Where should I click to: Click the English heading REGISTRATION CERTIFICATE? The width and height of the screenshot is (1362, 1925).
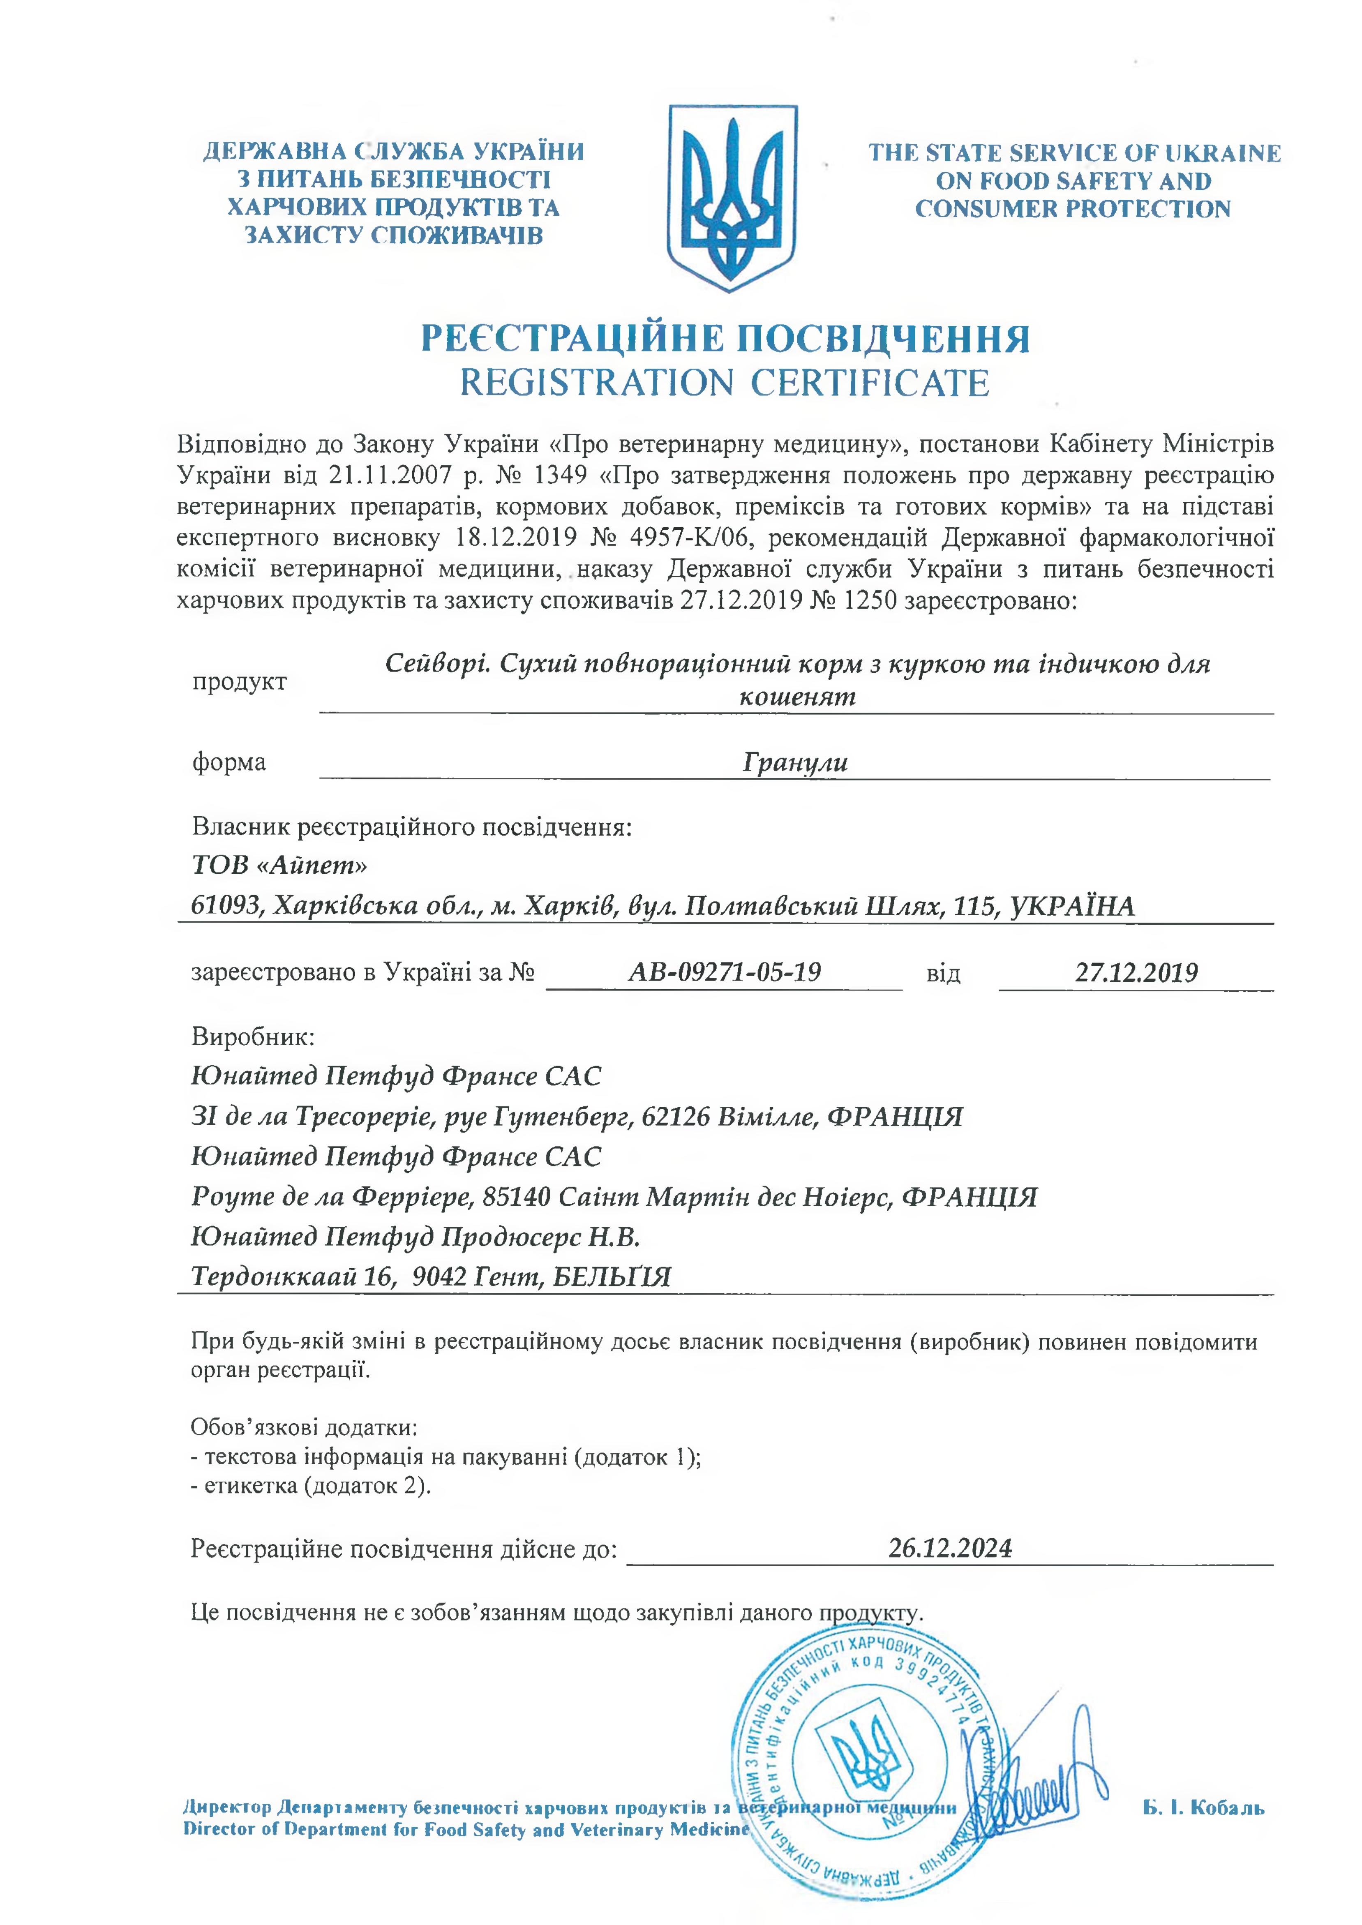tap(725, 383)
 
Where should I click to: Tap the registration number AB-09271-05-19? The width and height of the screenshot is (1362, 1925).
tap(725, 972)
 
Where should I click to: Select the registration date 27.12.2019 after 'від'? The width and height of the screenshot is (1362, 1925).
tap(1136, 972)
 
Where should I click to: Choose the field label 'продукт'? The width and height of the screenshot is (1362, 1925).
tap(239, 682)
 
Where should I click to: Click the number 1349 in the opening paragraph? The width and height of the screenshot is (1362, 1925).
tap(560, 475)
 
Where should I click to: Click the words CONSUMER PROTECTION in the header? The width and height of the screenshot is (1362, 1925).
tap(1073, 209)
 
